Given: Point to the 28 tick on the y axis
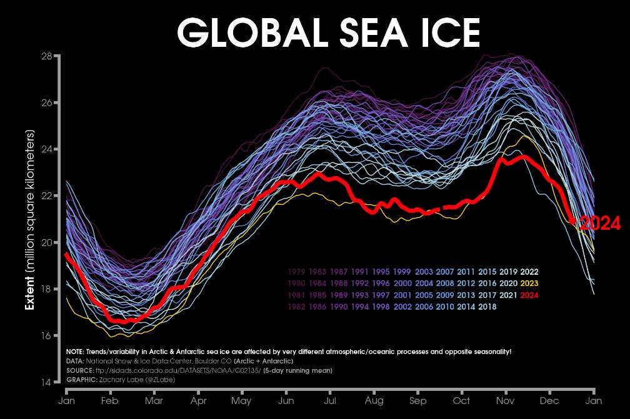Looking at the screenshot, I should click(46, 56).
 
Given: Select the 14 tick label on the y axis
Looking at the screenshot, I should click(46, 382).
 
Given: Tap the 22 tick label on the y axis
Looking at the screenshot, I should click(46, 196).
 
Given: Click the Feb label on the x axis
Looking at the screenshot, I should click(110, 400).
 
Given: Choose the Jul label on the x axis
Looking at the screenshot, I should click(331, 400).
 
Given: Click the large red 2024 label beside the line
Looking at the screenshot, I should click(600, 224).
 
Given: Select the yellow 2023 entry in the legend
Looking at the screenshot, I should click(529, 283).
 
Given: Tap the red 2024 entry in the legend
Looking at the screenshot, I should click(529, 295).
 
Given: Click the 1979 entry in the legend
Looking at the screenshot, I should click(297, 272).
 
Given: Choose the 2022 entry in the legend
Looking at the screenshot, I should click(529, 272).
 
